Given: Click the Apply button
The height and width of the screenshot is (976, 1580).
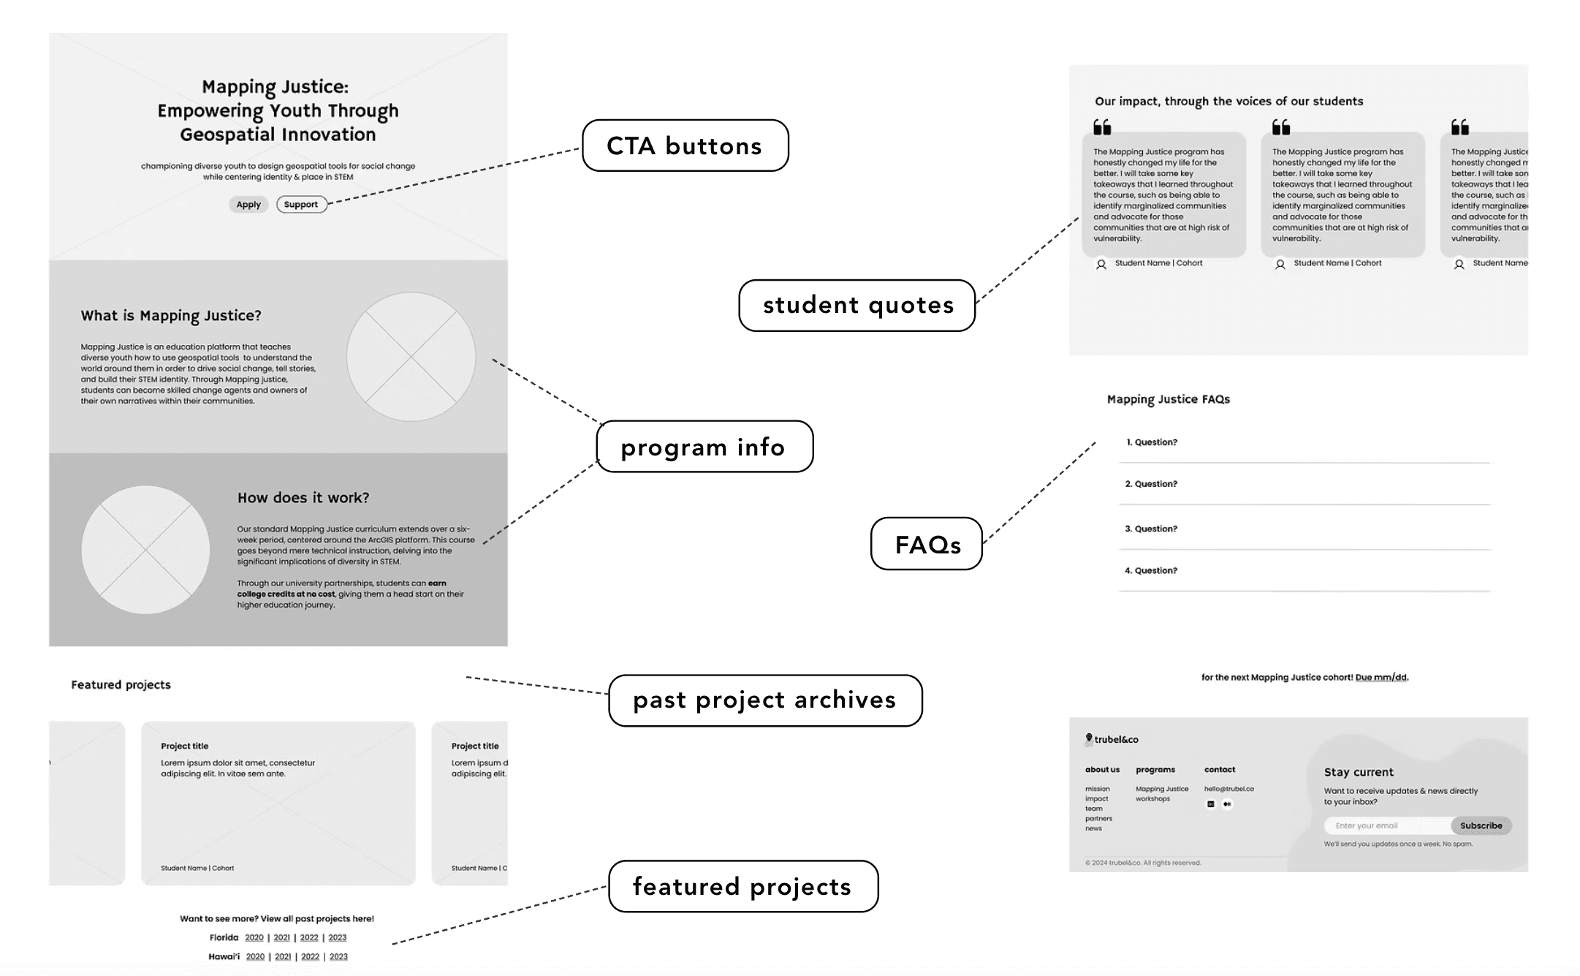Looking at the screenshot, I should [248, 205].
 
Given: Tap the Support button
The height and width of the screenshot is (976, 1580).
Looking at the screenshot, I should [301, 205].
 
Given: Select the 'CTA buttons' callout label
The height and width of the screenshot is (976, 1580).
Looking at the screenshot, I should [685, 145].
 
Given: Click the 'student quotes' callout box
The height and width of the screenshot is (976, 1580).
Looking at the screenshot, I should [857, 305].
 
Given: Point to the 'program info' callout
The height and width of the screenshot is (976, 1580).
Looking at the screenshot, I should [704, 447].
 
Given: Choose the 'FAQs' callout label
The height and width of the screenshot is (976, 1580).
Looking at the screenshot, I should [927, 544].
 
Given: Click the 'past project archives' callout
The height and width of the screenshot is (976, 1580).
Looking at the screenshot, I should [764, 700].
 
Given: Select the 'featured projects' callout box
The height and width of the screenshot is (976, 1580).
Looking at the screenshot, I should [742, 886].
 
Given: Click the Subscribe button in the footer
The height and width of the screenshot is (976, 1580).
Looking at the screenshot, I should [1481, 825].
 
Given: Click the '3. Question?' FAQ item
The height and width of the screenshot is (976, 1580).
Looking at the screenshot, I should [1151, 529].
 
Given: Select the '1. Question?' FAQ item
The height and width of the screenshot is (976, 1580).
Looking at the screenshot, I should [1152, 442].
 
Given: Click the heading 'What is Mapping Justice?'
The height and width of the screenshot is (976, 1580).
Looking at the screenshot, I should [171, 316].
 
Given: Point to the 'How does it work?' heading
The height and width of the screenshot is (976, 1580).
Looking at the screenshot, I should [303, 498].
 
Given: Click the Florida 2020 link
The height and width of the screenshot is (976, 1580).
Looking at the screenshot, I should [254, 937].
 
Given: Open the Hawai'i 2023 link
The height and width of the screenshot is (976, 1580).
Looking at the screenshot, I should [338, 956].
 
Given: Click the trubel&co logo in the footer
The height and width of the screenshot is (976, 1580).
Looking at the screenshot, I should [1112, 739].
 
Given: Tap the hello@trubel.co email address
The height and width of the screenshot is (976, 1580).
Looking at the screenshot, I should [1228, 789].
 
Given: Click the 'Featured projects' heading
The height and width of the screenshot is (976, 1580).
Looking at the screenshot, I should [121, 685].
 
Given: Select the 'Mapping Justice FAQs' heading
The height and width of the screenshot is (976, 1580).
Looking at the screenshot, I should [1168, 399].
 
